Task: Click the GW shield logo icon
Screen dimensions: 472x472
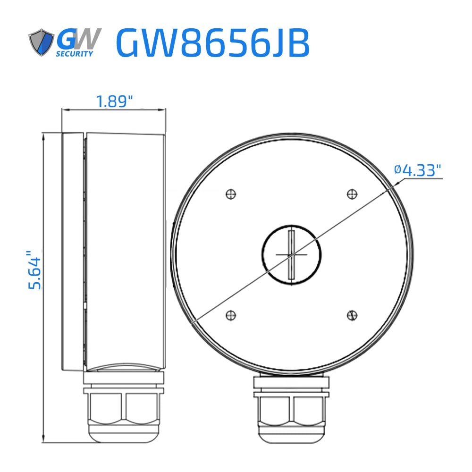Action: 41,43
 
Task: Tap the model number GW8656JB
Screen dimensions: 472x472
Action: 212,43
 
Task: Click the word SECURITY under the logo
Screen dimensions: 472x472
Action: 75,54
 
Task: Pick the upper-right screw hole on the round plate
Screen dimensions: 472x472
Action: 351,194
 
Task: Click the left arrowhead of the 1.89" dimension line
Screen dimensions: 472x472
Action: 65,110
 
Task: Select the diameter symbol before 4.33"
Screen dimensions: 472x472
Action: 397,170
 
